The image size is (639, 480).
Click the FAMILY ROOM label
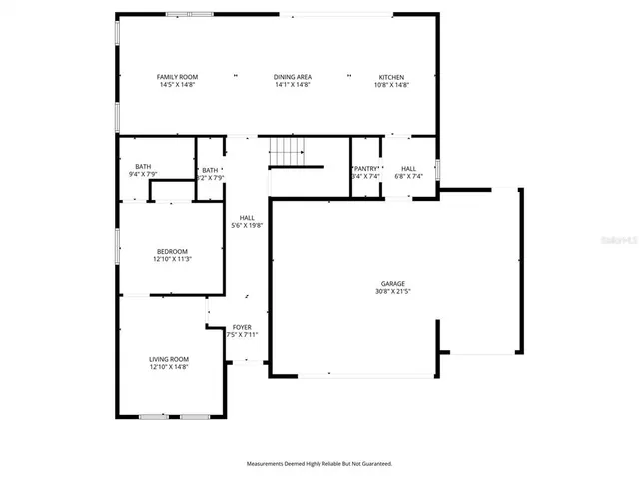177,77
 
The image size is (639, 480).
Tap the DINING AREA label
293,77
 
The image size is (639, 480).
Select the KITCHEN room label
391,77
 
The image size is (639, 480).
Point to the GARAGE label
392,283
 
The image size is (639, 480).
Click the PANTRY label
366,169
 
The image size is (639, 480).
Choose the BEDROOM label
171,251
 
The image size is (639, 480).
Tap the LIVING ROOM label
169,359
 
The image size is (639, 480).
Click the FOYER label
242,327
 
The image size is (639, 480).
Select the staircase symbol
287,152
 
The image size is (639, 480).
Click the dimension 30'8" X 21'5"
392,291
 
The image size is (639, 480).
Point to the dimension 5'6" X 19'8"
246,226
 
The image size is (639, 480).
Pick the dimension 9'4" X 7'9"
143,175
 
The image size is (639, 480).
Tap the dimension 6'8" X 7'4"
409,177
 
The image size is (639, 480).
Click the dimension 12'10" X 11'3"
171,259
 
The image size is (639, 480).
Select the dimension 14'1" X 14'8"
293,85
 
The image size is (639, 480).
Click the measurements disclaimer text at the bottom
319,463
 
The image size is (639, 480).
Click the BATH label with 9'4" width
143,167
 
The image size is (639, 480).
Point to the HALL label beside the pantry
409,169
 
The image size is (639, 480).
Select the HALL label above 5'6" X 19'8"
246,218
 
